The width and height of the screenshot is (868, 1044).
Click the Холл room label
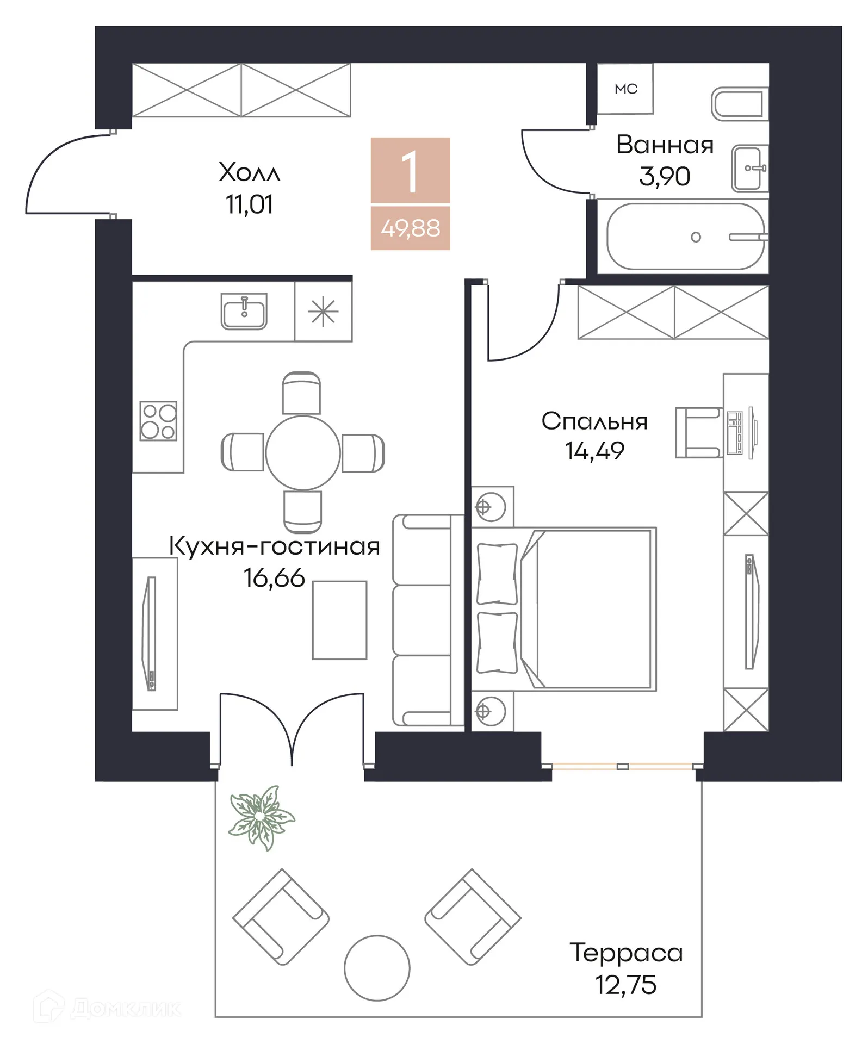tap(249, 172)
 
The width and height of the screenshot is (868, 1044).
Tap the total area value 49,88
tap(410, 228)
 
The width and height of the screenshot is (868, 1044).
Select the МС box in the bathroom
tap(625, 89)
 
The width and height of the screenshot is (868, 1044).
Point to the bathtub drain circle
tap(696, 237)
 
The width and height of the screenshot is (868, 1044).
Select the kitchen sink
tap(244, 312)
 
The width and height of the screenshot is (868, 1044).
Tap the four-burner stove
tap(158, 421)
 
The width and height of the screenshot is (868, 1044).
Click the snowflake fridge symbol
tap(323, 312)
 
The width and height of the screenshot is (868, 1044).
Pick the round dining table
tap(303, 452)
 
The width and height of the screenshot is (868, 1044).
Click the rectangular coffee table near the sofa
tap(339, 620)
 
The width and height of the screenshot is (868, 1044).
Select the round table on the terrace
tap(377, 968)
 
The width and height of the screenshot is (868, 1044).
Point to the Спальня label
tap(594, 421)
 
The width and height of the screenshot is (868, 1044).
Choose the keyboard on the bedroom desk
tap(735, 433)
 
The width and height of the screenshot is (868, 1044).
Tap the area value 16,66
tap(274, 578)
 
